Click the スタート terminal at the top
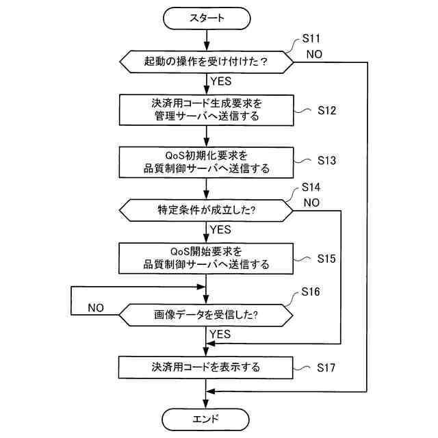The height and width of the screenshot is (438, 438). [207, 18]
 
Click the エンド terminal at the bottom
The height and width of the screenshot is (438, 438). [205, 420]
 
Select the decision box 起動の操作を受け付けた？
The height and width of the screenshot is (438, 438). [207, 62]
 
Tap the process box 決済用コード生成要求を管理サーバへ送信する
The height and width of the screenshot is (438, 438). [207, 110]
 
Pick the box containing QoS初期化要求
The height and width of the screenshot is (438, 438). [207, 163]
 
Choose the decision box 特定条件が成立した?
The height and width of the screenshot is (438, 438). [206, 210]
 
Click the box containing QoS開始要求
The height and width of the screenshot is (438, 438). [206, 259]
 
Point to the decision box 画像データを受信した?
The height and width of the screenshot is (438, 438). [206, 315]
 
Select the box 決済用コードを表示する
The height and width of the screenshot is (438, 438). [206, 368]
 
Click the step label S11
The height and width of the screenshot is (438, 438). [311, 38]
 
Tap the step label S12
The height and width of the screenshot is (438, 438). [327, 110]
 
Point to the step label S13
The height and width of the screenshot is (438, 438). [326, 160]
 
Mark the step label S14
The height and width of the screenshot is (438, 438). [311, 187]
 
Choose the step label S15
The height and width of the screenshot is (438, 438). [326, 259]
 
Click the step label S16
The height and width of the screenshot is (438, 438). [311, 292]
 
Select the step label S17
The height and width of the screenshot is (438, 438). [326, 368]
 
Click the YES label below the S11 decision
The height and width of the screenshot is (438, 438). [221, 81]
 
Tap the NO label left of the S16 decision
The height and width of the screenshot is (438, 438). [96, 308]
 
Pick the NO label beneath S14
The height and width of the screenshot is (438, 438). [311, 203]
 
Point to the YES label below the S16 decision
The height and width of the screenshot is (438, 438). [220, 334]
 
